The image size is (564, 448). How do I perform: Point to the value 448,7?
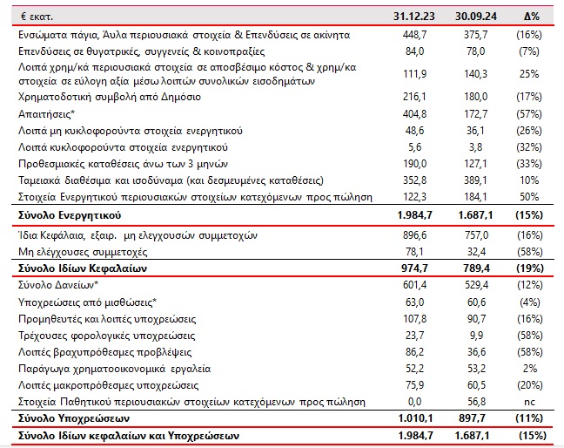coord(416,34)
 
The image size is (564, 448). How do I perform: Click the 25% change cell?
coord(532,73)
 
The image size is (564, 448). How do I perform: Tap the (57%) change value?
coord(531,114)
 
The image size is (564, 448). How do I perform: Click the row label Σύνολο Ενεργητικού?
coord(69,214)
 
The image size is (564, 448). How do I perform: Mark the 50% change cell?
coord(532,197)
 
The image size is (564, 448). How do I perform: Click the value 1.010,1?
coord(411,418)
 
